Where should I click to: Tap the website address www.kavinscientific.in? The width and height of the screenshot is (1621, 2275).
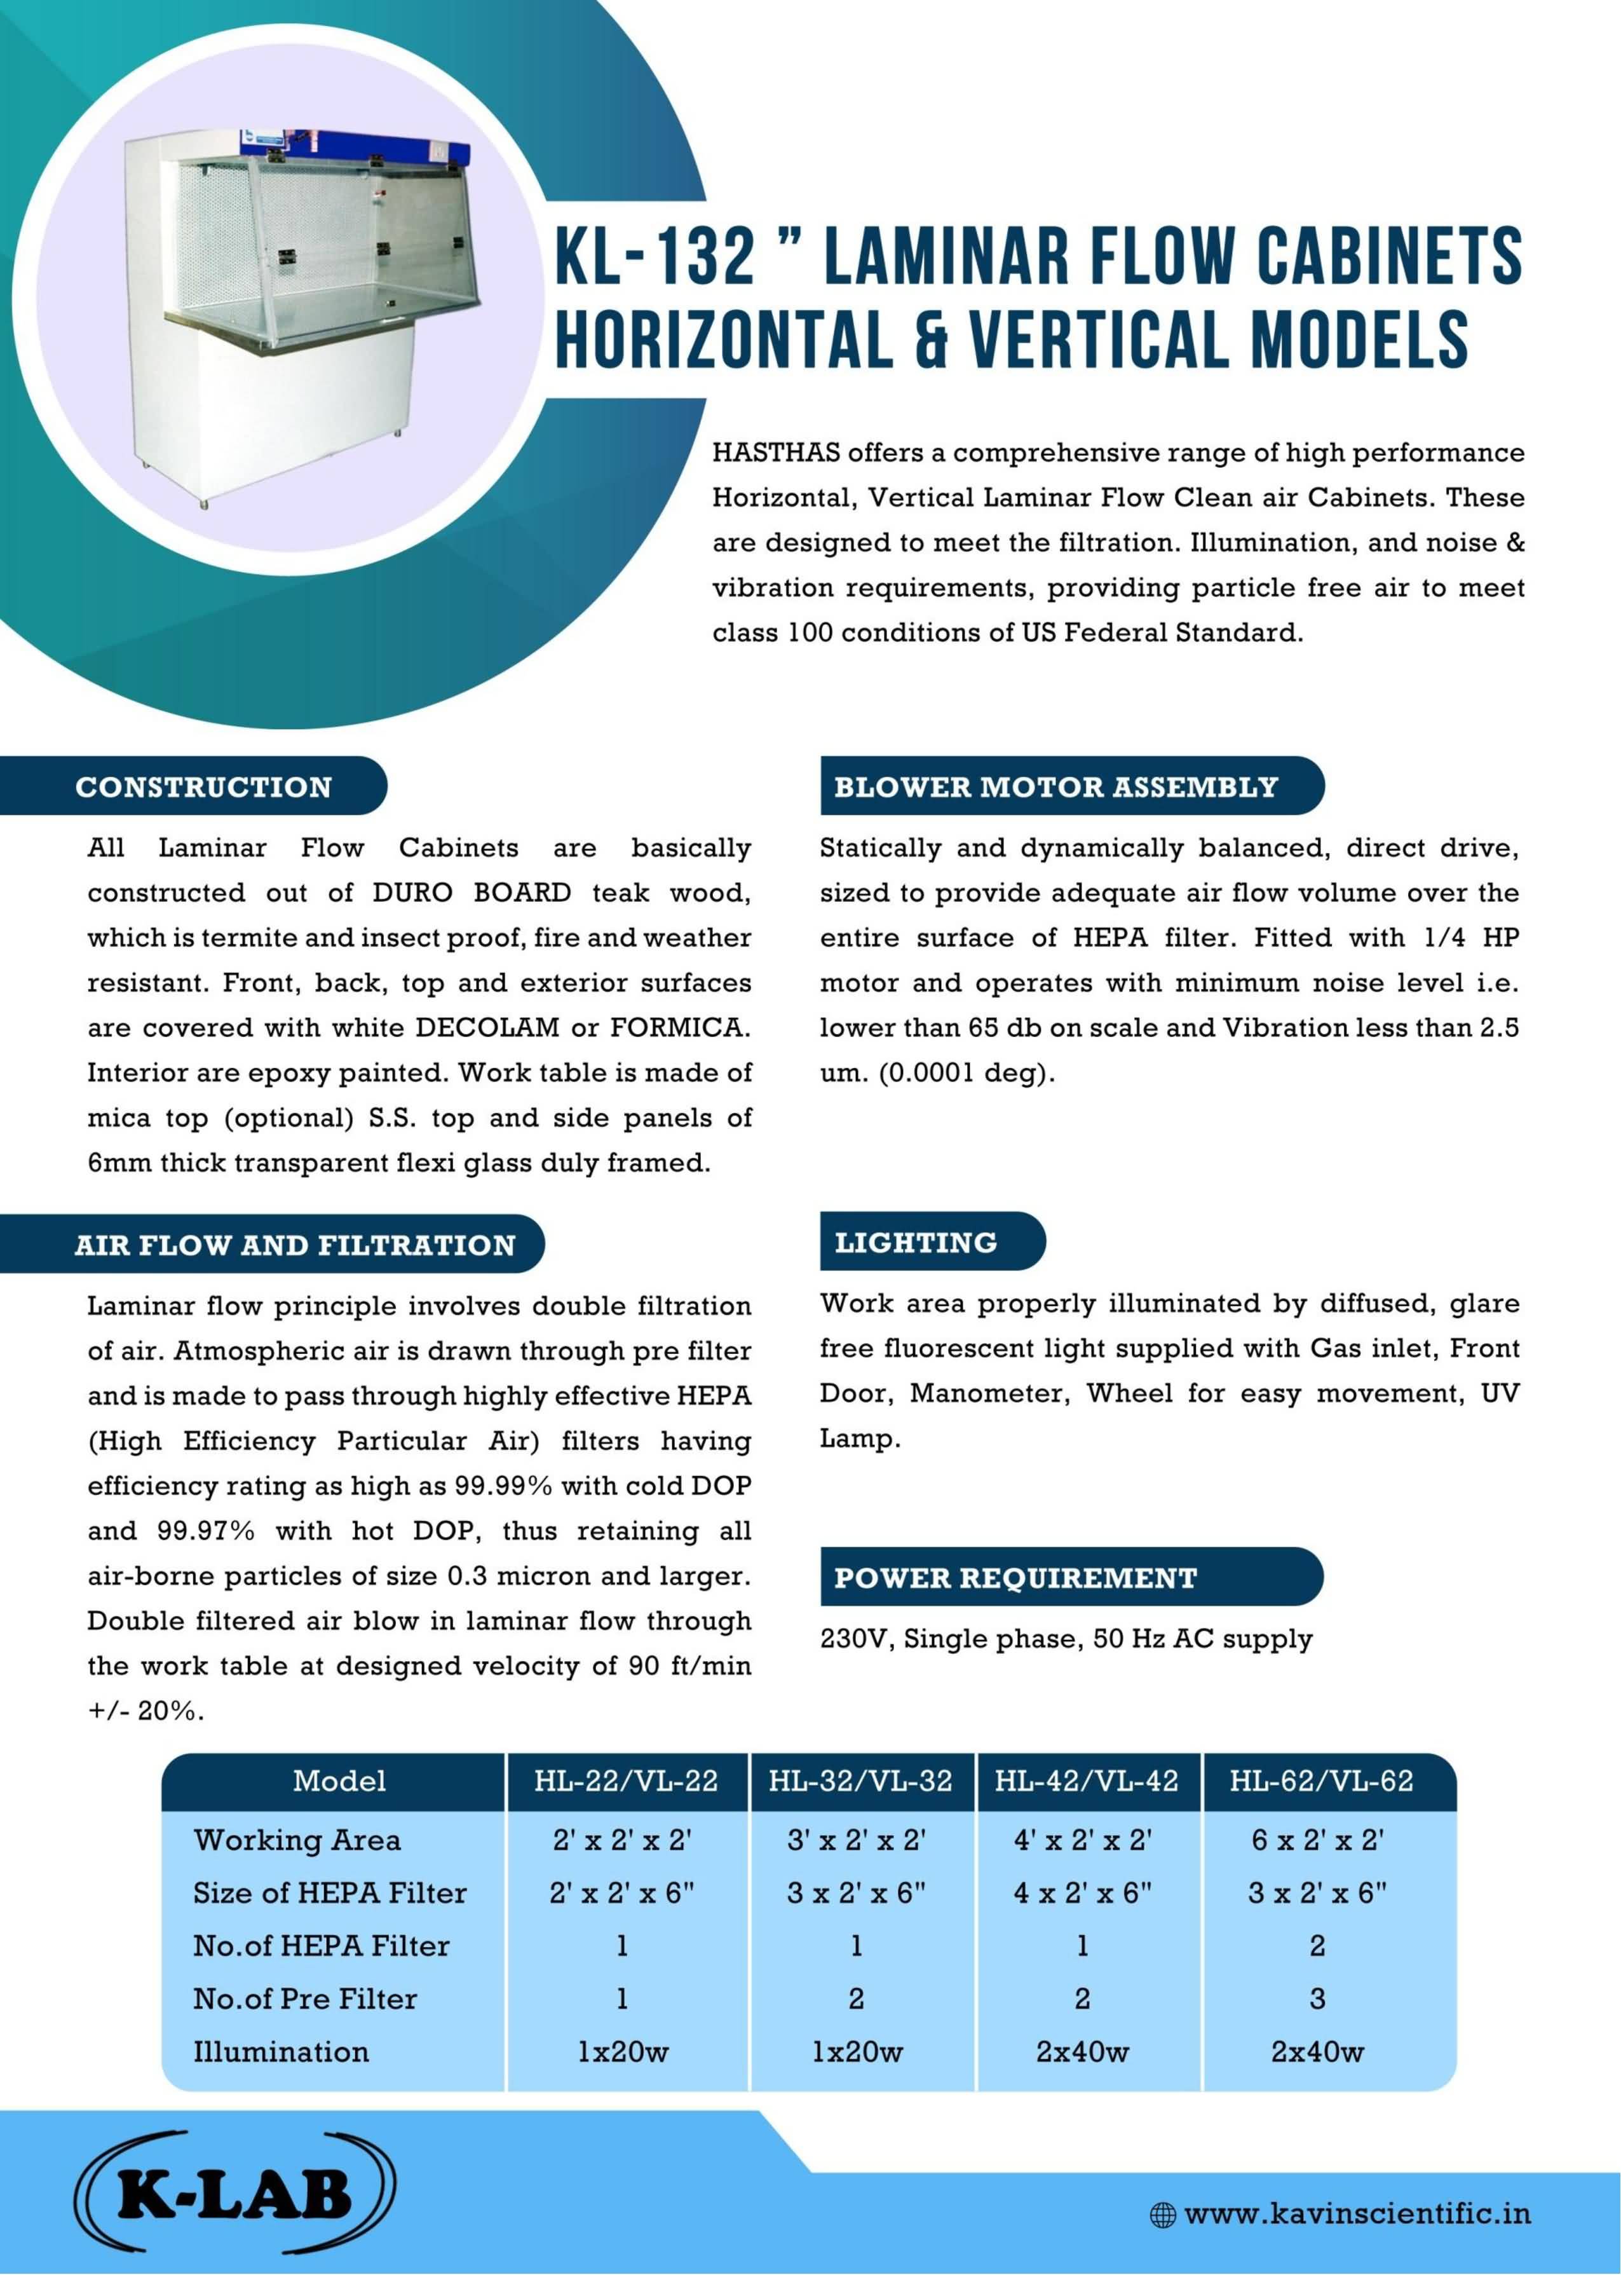click(1357, 2213)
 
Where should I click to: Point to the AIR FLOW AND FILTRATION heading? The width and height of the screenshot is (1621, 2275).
click(294, 1245)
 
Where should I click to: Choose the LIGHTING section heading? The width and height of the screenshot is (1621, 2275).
click(915, 1242)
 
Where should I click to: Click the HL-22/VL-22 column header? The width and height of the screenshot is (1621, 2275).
click(626, 1781)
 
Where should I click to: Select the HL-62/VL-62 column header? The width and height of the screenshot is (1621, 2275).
click(1320, 1781)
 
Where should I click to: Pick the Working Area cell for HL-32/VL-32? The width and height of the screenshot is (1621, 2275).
click(857, 1840)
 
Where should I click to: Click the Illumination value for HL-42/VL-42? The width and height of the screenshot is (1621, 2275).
click(1082, 2051)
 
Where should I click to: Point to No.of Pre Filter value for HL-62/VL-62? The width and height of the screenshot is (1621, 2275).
click(1317, 1998)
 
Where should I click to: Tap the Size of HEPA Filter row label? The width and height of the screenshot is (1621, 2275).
click(329, 1893)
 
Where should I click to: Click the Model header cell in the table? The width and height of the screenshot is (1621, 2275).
click(339, 1781)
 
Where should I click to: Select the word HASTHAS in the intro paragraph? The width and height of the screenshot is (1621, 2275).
click(776, 453)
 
